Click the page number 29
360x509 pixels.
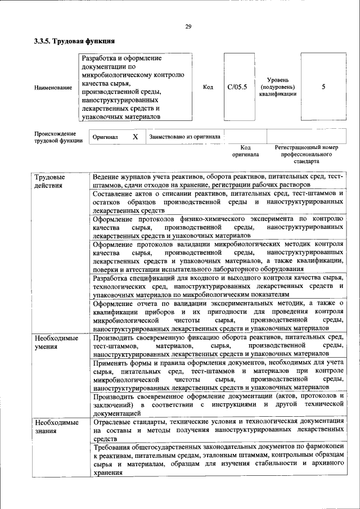click(188, 26)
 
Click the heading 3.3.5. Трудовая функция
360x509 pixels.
click(74, 41)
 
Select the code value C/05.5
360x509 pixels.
click(237, 87)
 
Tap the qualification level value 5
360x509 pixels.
click(323, 87)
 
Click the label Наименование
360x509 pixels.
click(53, 88)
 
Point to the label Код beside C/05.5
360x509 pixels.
click(208, 87)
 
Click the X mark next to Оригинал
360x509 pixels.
click(135, 137)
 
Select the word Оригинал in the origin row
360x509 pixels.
click(105, 137)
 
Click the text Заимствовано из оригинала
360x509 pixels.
click(184, 137)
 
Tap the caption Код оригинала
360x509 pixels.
click(245, 150)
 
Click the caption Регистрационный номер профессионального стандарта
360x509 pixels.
click(306, 154)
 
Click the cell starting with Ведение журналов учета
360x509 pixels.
click(217, 180)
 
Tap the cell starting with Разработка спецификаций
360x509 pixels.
click(217, 286)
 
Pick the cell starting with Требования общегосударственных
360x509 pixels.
click(217, 460)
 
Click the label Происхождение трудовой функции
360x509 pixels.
click(57, 137)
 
